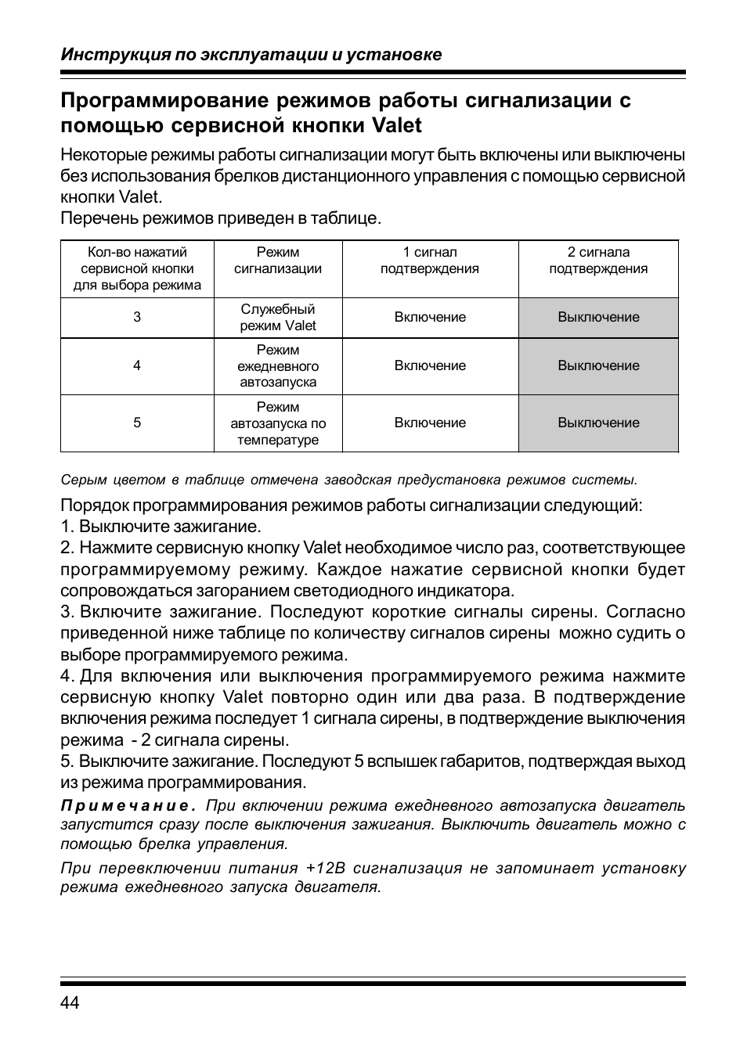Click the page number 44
[70, 1003]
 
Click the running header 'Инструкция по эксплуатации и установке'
[251, 55]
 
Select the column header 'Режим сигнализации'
[278, 261]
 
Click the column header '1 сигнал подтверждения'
[430, 261]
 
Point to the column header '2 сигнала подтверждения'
[598, 261]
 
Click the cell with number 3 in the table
[137, 318]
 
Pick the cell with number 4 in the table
[137, 366]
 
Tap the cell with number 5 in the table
[137, 423]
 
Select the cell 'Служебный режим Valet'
[278, 318]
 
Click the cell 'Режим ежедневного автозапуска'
[278, 366]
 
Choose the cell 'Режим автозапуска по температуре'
[278, 423]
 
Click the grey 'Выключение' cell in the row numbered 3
[598, 318]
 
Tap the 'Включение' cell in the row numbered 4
[430, 366]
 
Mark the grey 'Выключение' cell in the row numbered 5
[598, 423]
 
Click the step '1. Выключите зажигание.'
[161, 527]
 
